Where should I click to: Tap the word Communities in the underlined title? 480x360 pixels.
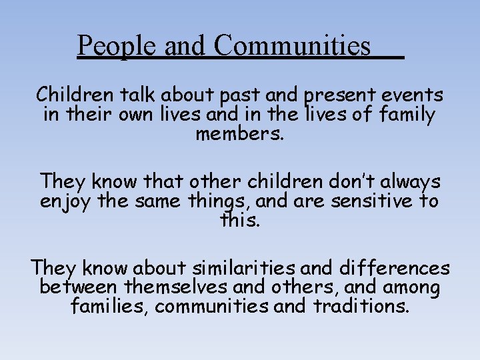click(292, 47)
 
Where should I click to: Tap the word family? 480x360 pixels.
click(407, 115)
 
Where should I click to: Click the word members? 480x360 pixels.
click(240, 133)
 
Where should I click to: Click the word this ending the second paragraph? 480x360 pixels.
click(239, 220)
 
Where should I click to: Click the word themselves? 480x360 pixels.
click(179, 288)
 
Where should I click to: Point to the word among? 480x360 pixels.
click(411, 289)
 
